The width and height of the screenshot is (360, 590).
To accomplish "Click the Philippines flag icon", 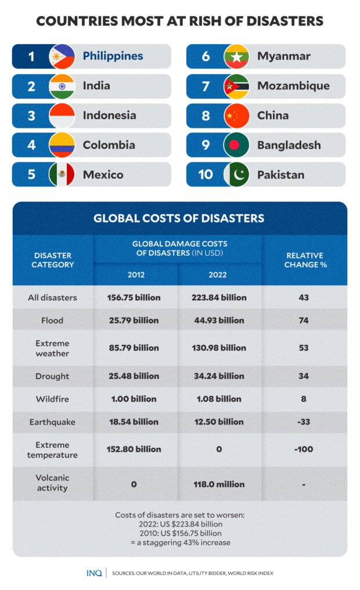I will coord(62,56).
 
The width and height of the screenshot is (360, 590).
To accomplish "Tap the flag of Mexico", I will coord(62,174).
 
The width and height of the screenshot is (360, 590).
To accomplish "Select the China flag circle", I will coord(236,116).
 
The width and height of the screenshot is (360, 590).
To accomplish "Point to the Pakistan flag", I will coord(236,174).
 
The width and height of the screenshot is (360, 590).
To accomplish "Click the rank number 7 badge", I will coord(206,86).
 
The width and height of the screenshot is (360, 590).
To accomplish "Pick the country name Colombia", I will coord(109,145).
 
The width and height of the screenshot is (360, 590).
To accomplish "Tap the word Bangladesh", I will coord(289,145).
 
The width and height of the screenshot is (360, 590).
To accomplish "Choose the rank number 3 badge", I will coord(31,116).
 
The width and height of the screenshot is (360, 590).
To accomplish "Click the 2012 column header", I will coord(136,275).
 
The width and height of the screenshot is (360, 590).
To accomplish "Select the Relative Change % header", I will coord(304,260).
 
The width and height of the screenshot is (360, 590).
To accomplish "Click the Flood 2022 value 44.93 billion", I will coord(219,321).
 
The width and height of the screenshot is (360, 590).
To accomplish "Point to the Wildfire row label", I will coord(53,399).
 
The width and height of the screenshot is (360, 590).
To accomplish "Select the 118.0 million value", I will coord(219,484).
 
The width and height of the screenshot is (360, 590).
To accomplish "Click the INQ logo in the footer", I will coord(93,573).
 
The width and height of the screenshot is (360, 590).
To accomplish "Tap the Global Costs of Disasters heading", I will coord(179,219).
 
